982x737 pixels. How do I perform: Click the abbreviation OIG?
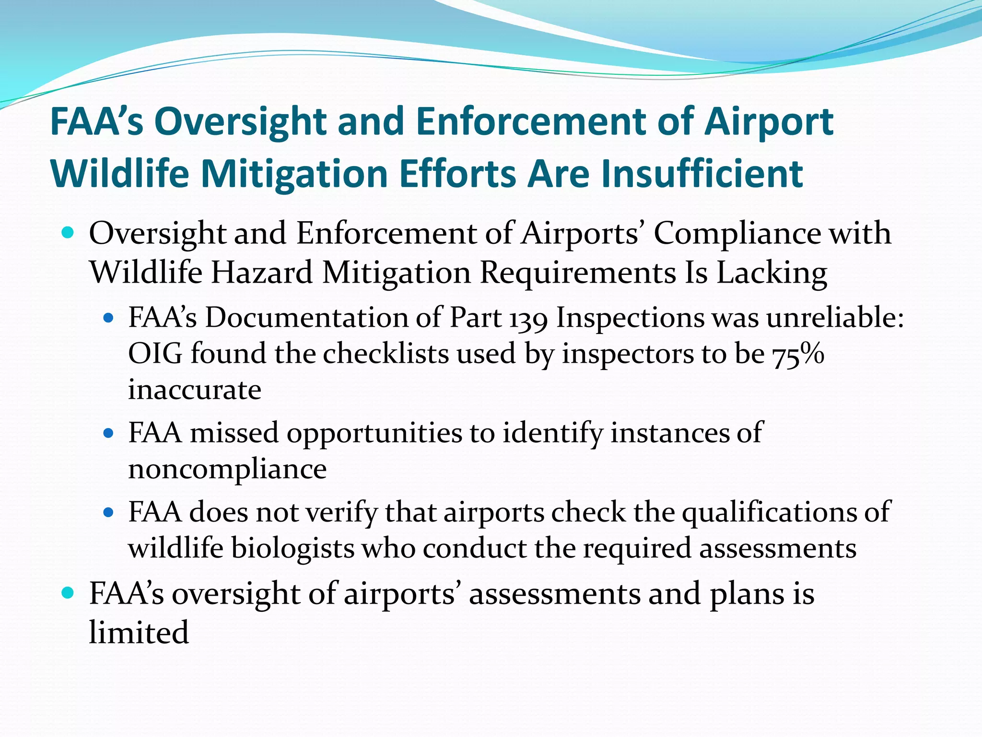coord(156,355)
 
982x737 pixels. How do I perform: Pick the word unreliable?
coord(835,318)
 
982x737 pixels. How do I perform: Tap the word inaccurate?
coord(195,390)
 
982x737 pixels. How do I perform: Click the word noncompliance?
coord(227,469)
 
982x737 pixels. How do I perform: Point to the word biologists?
coord(292,548)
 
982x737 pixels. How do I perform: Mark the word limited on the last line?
coord(139,632)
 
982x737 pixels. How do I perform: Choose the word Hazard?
coord(262,273)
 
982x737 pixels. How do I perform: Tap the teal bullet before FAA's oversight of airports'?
coord(68,593)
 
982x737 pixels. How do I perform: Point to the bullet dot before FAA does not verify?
coord(108,512)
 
